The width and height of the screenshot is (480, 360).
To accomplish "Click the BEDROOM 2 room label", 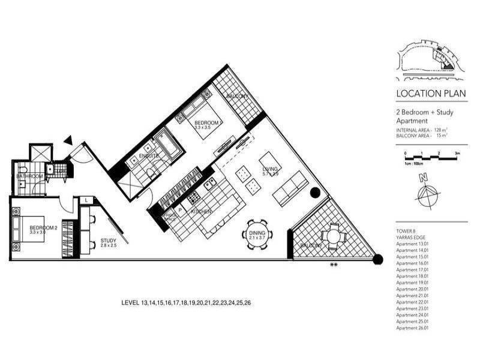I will [x=42, y=227].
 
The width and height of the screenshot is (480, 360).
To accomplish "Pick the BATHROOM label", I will [x=29, y=176].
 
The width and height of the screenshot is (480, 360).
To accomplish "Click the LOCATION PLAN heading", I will [x=425, y=94].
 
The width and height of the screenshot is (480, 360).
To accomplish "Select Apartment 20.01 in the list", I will [x=413, y=289].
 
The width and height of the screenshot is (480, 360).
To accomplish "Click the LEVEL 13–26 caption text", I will [x=185, y=304].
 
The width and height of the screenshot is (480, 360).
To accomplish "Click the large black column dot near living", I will [x=315, y=193].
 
